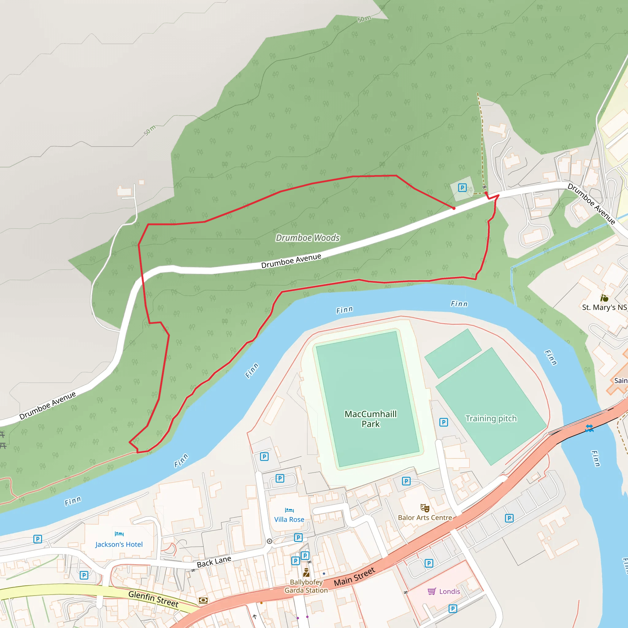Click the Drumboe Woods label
click(x=308, y=238)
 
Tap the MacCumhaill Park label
click(x=370, y=419)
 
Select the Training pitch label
click(x=491, y=418)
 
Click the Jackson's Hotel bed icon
click(x=119, y=534)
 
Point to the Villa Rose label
click(x=289, y=519)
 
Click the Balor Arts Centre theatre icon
click(x=425, y=508)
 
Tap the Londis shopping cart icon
click(x=432, y=591)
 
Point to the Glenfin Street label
click(x=153, y=599)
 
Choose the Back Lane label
click(x=214, y=562)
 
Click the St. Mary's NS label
click(x=604, y=308)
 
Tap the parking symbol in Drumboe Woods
click(x=462, y=188)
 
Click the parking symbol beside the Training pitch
click(x=444, y=422)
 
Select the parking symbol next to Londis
click(x=453, y=608)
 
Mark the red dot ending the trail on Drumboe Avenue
click(x=454, y=208)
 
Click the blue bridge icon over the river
click(x=589, y=428)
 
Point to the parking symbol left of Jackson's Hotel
click(x=38, y=539)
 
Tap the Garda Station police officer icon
click(x=306, y=572)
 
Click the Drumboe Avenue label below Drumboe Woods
click(x=291, y=261)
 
